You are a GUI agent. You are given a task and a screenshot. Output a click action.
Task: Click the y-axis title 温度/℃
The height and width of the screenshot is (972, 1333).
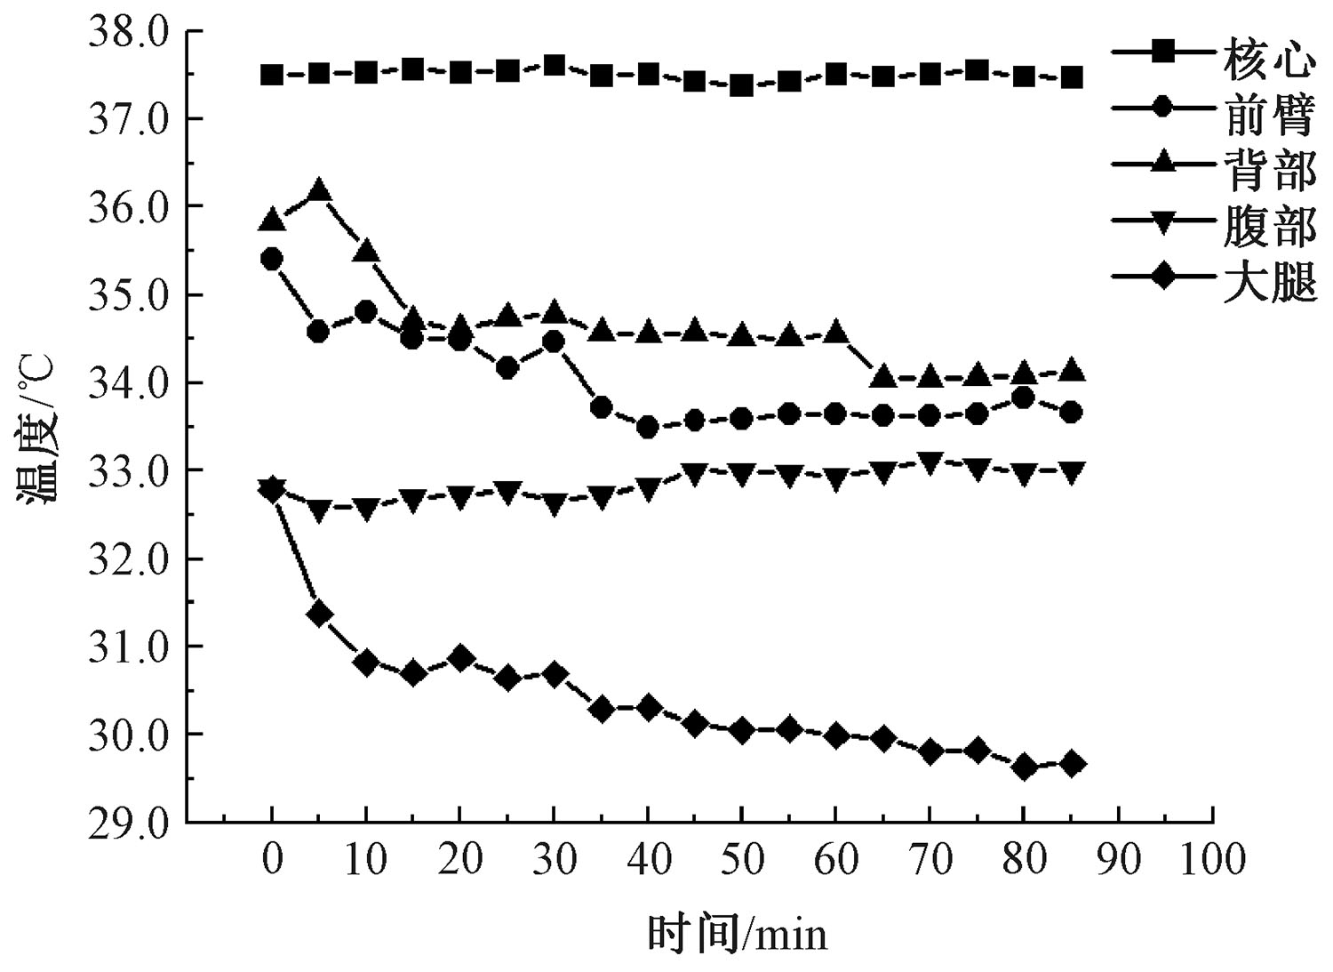coord(38,429)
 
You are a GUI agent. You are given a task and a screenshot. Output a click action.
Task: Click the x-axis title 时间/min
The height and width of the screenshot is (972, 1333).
coord(737,934)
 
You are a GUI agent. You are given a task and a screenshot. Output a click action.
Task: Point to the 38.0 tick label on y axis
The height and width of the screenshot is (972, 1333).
coord(128,32)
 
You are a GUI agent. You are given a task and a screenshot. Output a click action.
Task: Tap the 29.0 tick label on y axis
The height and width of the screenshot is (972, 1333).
coord(128,823)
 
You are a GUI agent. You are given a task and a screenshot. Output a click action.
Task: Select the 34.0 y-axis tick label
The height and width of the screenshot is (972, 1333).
coord(128,383)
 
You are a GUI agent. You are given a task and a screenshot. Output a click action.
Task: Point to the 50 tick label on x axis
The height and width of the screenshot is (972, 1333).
coord(741,859)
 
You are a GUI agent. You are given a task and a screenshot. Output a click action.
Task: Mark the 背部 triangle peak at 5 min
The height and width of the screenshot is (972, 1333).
coord(319,190)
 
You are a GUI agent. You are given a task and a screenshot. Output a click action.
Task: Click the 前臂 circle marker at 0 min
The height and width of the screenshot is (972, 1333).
coord(272,259)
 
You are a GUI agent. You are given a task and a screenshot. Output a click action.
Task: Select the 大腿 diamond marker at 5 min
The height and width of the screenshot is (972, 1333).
coord(319,614)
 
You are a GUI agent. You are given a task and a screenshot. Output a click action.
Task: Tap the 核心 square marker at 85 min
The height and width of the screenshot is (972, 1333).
coord(1072,77)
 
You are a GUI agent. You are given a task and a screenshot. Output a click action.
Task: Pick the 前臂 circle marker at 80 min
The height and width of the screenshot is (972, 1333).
coord(1024,398)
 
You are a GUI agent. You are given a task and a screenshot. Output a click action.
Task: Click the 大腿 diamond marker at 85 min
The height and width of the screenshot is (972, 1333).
coord(1072,764)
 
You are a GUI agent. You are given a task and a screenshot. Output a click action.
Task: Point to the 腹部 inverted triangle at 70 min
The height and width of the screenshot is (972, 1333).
coord(930,462)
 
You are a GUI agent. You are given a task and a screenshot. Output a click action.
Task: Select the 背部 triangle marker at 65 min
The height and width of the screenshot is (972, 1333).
coord(882,376)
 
